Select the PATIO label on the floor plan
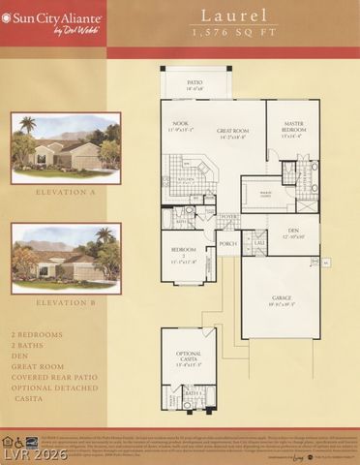[195, 84]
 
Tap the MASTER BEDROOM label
[293, 130]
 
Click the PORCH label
[228, 246]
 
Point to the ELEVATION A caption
[66, 193]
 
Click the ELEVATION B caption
[66, 301]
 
